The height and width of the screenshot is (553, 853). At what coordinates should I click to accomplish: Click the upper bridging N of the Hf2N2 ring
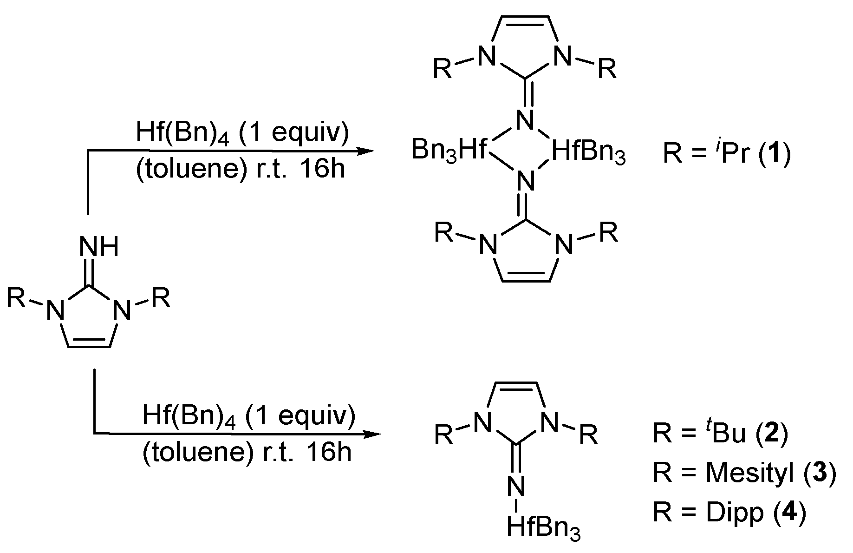525,122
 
